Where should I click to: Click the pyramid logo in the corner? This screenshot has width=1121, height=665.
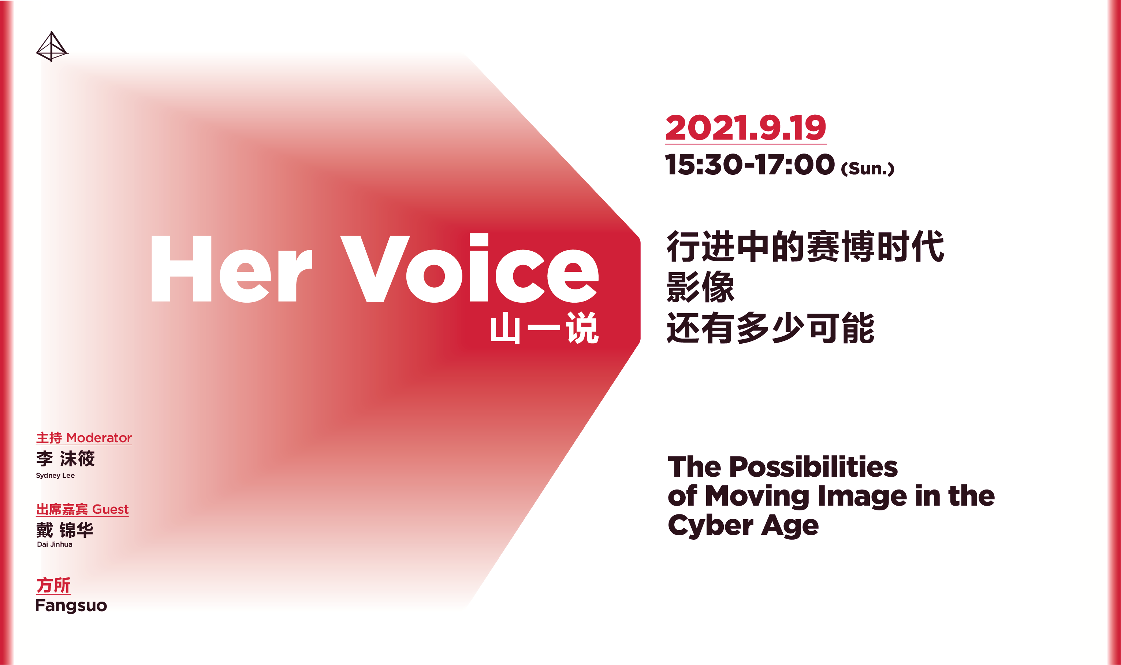[52, 47]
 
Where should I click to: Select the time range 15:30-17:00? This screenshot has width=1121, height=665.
[750, 165]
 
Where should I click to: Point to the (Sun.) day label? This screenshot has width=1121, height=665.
[868, 169]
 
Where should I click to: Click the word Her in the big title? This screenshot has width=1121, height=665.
[231, 269]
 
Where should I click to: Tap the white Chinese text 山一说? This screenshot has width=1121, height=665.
[544, 328]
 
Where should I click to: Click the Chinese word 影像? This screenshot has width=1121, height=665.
[701, 287]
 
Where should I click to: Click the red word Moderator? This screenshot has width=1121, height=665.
[99, 438]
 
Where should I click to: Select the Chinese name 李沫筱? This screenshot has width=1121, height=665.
[66, 459]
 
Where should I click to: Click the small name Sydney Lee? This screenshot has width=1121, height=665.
[55, 476]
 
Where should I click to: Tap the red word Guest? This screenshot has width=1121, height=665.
[110, 510]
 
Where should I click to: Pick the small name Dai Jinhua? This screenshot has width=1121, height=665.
[55, 544]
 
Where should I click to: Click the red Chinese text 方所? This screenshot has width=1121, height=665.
[53, 585]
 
